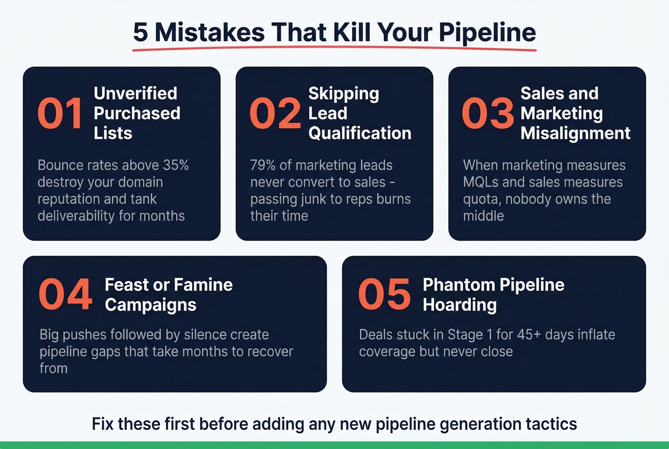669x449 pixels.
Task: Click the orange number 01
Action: (x=60, y=113)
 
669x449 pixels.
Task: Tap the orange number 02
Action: (x=275, y=113)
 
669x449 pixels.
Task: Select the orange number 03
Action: (x=487, y=113)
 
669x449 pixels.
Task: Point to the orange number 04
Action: (x=65, y=294)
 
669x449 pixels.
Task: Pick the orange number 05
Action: (x=384, y=294)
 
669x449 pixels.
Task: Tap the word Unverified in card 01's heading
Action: (x=135, y=93)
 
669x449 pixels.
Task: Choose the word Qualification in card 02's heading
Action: (x=360, y=133)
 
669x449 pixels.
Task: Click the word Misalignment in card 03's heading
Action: (x=575, y=133)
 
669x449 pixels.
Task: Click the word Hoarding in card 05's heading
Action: (x=460, y=305)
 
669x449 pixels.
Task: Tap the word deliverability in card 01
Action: (x=76, y=216)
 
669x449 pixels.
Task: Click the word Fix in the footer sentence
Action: (x=103, y=424)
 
